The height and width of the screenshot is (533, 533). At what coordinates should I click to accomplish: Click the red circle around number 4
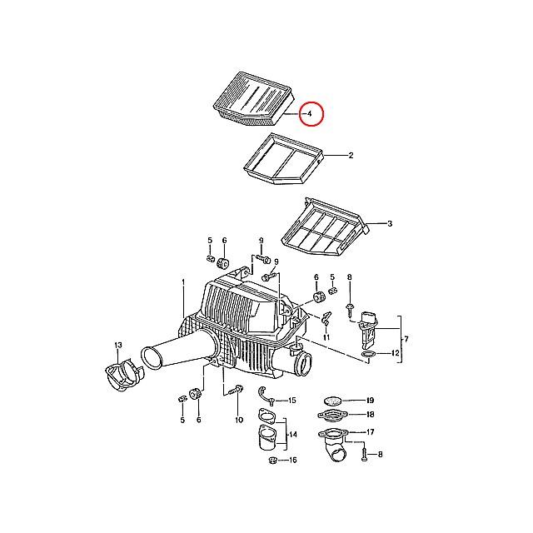pyautogui.click(x=311, y=113)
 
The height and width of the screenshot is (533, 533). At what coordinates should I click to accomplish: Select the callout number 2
pyautogui.click(x=351, y=156)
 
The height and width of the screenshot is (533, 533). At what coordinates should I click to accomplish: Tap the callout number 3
pyautogui.click(x=390, y=224)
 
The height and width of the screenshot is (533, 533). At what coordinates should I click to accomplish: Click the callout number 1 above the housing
pyautogui.click(x=183, y=281)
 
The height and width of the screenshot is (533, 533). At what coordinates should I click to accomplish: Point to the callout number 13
pyautogui.click(x=118, y=346)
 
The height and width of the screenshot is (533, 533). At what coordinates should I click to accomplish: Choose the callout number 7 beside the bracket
pyautogui.click(x=406, y=339)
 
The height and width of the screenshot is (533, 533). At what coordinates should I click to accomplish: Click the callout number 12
pyautogui.click(x=395, y=353)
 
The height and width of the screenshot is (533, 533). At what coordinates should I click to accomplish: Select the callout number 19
pyautogui.click(x=370, y=401)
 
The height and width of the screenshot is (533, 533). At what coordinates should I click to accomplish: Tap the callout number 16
pyautogui.click(x=292, y=460)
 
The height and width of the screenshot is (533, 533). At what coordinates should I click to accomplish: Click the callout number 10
pyautogui.click(x=239, y=420)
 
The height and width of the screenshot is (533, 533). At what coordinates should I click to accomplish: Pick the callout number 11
pyautogui.click(x=326, y=337)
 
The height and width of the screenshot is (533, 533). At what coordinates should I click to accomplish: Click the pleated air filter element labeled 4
pyautogui.click(x=253, y=98)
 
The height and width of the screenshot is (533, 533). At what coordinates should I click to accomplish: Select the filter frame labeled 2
pyautogui.click(x=283, y=159)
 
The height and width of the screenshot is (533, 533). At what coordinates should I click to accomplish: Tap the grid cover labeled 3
pyautogui.click(x=326, y=227)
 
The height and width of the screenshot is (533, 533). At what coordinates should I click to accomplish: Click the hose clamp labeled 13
pyautogui.click(x=125, y=375)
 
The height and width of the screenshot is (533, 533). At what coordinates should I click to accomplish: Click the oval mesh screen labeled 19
pyautogui.click(x=331, y=401)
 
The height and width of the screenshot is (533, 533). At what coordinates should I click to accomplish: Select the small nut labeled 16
pyautogui.click(x=272, y=461)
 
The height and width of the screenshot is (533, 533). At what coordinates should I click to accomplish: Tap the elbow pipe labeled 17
pyautogui.click(x=333, y=444)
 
